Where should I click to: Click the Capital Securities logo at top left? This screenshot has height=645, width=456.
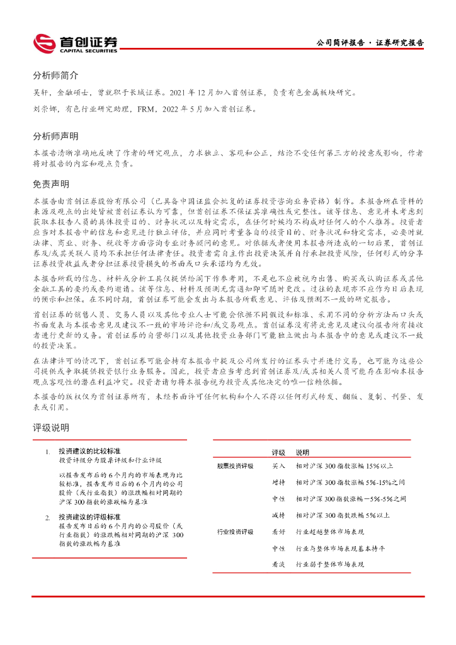coord(75,43)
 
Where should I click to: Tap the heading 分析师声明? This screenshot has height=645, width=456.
coord(55,136)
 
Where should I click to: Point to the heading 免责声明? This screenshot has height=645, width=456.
coord(51,184)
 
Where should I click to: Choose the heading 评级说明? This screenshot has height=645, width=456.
coord(51,428)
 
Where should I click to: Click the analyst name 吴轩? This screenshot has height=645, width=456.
coord(41,92)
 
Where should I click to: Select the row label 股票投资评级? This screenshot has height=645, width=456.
coord(235,466)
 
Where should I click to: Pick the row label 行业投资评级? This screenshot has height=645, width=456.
coord(235,532)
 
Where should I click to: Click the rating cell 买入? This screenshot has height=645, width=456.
coord(278,466)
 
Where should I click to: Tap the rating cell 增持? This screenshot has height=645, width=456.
coord(278,482)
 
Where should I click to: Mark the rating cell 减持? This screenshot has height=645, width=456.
coord(278,515)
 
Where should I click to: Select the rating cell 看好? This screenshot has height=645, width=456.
coord(278,532)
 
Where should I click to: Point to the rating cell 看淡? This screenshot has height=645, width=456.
coord(278,565)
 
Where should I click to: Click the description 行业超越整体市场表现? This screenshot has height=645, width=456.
coord(330,532)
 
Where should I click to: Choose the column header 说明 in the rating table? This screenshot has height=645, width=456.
coord(302,452)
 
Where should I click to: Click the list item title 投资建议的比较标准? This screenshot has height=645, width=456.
coord(89,452)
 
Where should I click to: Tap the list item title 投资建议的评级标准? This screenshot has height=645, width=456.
coord(89,517)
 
